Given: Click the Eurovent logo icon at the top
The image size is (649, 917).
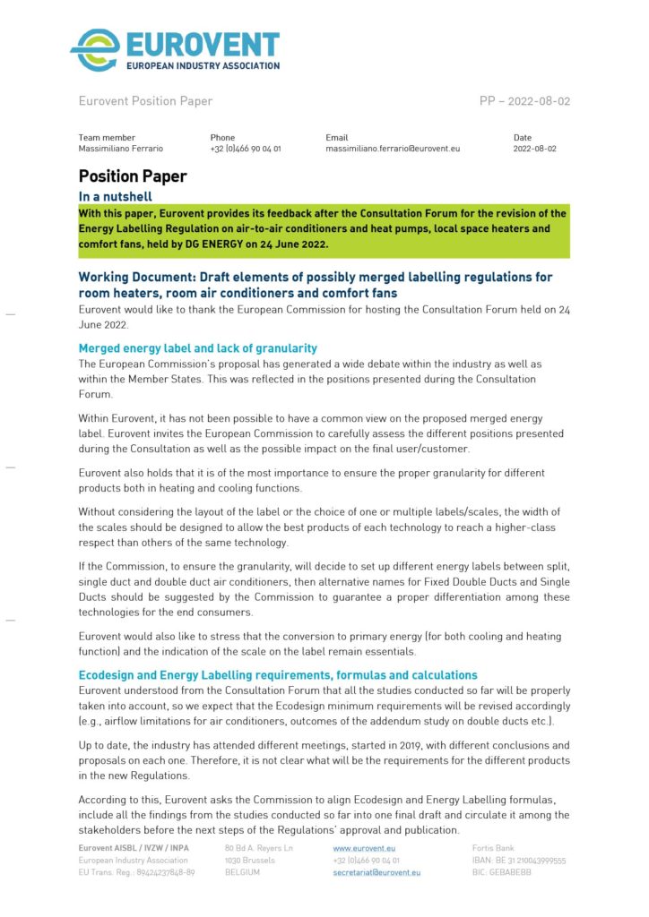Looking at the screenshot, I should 94,50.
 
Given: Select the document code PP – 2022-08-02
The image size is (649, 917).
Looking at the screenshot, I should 524,101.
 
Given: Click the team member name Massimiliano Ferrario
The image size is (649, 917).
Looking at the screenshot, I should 121,149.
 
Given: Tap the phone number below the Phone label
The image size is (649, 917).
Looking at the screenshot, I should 246,149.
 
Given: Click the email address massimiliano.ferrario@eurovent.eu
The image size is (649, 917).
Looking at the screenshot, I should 393,149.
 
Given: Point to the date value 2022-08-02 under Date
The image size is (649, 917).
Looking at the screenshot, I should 534,149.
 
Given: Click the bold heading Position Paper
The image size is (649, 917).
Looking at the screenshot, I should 133,176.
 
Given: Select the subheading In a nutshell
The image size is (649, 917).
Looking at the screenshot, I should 116,196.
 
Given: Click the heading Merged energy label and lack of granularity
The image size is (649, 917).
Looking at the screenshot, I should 198,347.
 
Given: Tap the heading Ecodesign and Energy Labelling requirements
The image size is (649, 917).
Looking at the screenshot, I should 278,674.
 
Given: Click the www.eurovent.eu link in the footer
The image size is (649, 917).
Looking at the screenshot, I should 364,847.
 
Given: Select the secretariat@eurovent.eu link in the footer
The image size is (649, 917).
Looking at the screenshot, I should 376,871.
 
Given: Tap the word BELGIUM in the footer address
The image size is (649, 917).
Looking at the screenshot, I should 243,871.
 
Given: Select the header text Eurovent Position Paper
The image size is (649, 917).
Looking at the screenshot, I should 145,101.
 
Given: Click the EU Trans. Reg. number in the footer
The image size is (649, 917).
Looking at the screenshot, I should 136,871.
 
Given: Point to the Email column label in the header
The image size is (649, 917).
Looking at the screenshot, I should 336,137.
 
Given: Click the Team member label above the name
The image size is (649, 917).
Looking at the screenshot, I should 107,137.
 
